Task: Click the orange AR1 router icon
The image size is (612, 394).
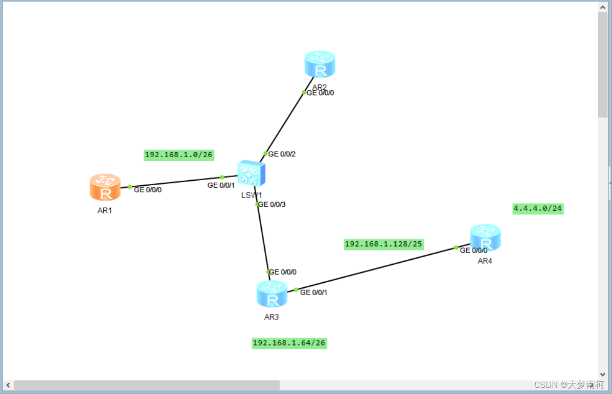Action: coord(105,187)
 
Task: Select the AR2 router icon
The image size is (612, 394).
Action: coord(320,64)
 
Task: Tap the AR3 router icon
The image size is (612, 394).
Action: coord(271,294)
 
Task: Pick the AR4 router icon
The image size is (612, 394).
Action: coord(485,237)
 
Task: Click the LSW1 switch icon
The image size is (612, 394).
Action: coord(251,174)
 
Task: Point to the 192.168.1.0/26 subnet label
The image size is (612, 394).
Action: coord(179,155)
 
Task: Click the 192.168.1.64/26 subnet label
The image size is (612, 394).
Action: coord(289,343)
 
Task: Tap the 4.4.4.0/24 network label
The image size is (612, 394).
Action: coord(538,208)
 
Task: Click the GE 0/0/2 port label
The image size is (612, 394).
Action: coord(282,154)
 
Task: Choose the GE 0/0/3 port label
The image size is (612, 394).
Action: coord(272,204)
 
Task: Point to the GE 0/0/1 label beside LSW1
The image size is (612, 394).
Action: coord(221,185)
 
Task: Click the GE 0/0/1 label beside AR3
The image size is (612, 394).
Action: coord(313,292)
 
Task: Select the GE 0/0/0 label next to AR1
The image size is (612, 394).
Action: coord(148,189)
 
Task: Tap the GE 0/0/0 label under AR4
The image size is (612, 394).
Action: coord(473,250)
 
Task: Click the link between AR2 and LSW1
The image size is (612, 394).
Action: coord(284,123)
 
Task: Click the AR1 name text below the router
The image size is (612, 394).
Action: coord(105,210)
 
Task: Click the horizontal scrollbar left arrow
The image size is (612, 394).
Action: coord(8,385)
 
